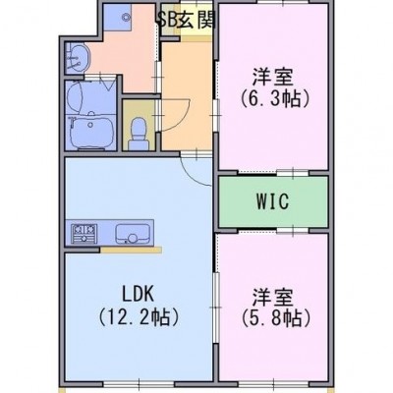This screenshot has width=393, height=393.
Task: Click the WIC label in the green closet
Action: click(273, 201)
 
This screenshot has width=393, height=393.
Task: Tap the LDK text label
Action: click(139, 294)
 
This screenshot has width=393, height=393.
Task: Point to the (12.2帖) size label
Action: click(140, 317)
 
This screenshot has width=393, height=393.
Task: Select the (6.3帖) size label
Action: click(274, 98)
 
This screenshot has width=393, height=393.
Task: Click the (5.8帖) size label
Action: click(276, 317)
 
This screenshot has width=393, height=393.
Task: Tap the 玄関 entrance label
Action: click(196, 21)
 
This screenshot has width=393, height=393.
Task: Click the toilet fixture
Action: click(139, 134)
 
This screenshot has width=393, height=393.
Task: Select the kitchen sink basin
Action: click(134, 234)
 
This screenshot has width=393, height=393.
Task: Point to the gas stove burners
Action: click(84, 234)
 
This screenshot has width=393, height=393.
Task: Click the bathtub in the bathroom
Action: click(91, 132)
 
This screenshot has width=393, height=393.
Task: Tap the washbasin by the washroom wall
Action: click(79, 57)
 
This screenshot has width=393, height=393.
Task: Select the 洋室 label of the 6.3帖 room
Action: click(272, 77)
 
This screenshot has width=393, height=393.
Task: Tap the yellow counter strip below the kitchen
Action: click(131, 251)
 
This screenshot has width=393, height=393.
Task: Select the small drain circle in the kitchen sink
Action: click(133, 238)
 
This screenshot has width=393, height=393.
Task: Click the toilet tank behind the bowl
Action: click(139, 144)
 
